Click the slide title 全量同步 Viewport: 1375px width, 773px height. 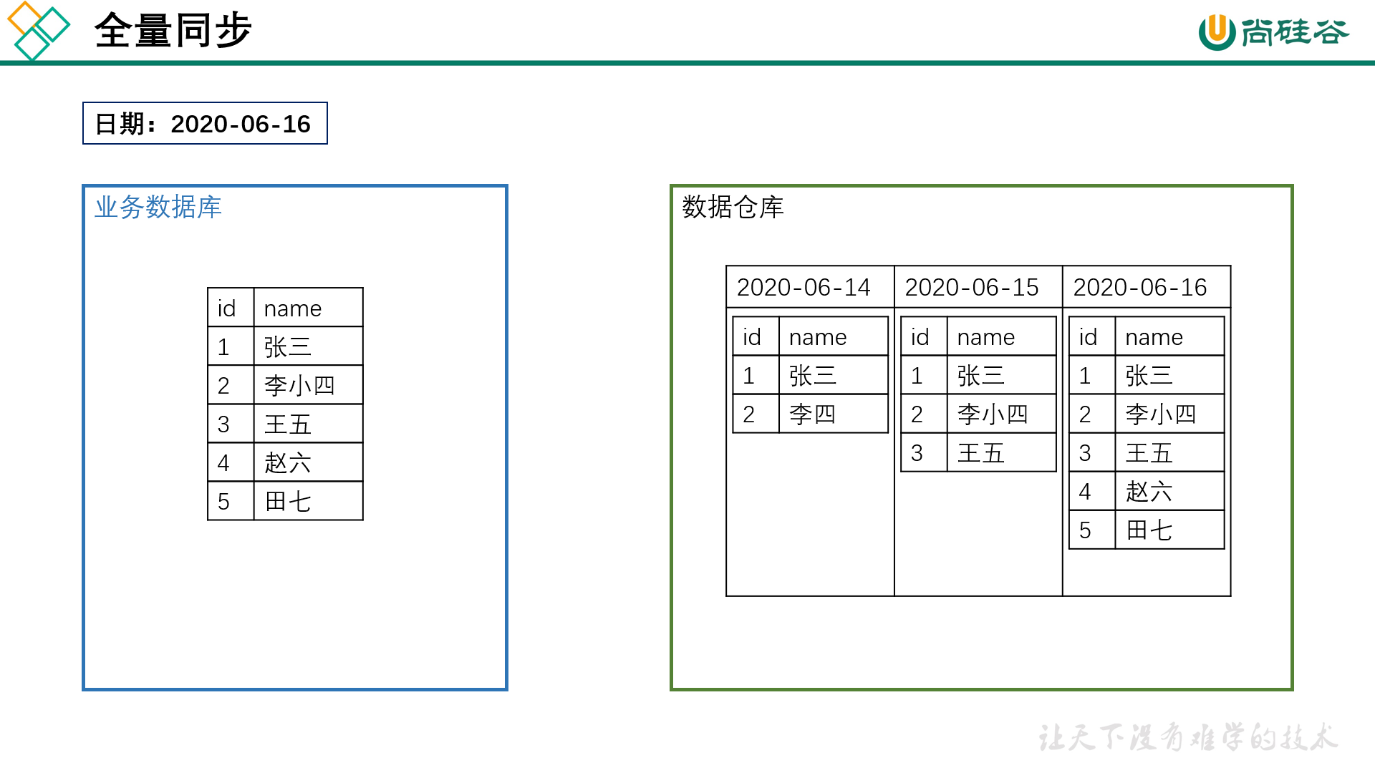tap(173, 31)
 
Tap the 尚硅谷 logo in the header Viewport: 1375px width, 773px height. tap(1273, 32)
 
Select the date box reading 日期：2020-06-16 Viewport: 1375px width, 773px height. tap(205, 124)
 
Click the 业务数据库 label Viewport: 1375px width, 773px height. tap(158, 208)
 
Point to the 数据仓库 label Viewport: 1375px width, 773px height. tap(733, 208)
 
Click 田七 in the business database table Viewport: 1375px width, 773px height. tap(288, 502)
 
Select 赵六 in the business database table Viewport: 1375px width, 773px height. tap(288, 463)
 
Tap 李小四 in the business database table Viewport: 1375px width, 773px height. tap(299, 386)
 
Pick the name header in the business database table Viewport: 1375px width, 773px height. tap(293, 308)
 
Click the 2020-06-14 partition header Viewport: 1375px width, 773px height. tap(804, 288)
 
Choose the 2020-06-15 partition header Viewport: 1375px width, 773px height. tap(972, 288)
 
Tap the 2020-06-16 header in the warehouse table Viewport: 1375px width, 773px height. tap(1140, 288)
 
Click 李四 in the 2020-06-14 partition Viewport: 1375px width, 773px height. tap(813, 414)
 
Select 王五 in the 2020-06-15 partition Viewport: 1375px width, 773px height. tap(981, 453)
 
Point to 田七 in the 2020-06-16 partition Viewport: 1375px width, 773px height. tap(1149, 530)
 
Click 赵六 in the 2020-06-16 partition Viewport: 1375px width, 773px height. tap(1149, 492)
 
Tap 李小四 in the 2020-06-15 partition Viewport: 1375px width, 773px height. tap(993, 414)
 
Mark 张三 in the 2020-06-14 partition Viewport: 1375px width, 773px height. tap(813, 376)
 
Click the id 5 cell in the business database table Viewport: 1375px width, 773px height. tap(224, 502)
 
